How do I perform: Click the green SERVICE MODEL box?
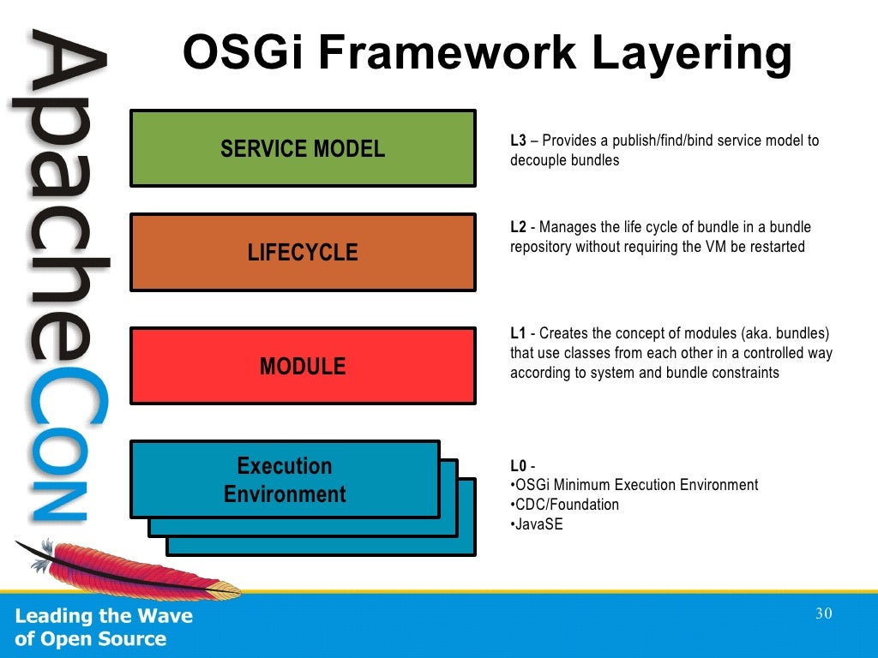point(303,148)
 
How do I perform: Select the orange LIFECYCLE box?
point(303,253)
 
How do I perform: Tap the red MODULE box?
point(303,366)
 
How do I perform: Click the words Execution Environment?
point(285,480)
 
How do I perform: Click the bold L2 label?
point(518,228)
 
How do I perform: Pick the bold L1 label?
point(518,333)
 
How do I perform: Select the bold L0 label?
point(518,466)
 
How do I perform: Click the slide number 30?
point(824,613)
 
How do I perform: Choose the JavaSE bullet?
point(538,524)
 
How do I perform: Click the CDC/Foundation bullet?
point(565,505)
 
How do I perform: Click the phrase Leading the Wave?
point(104,616)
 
